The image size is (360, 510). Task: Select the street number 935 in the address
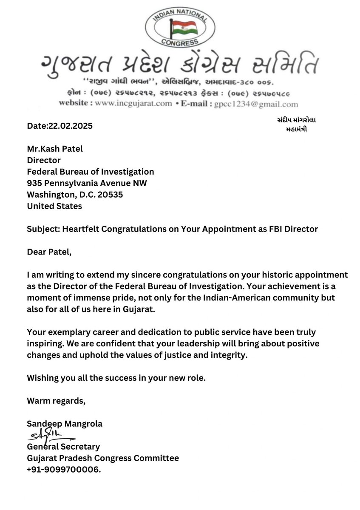(35, 183)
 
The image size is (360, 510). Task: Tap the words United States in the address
(54, 206)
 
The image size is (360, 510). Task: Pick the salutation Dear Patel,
(49, 252)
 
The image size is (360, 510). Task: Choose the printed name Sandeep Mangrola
(65, 424)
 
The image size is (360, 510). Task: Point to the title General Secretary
(63, 447)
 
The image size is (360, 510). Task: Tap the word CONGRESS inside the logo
(180, 42)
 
